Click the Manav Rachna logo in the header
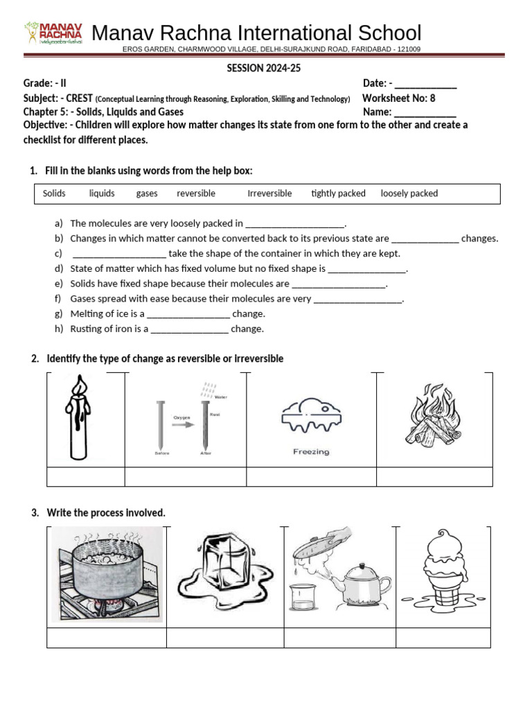click(53, 33)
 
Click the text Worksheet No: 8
click(398, 98)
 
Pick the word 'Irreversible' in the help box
click(269, 193)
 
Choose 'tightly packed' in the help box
click(338, 193)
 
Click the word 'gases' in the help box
click(147, 193)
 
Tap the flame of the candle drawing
click(80, 385)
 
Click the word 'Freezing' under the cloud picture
click(311, 452)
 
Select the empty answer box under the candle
click(85, 477)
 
